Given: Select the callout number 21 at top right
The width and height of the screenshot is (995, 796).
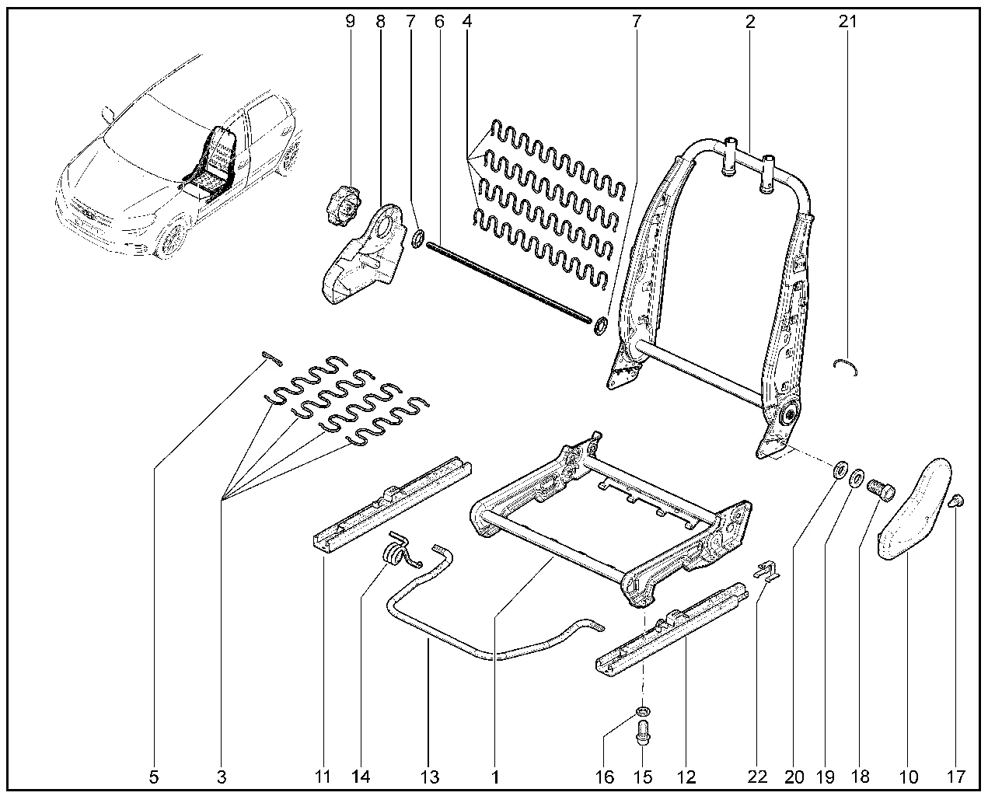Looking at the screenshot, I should pyautogui.click(x=847, y=22).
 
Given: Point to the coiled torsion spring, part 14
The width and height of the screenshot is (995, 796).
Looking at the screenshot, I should pyautogui.click(x=400, y=553).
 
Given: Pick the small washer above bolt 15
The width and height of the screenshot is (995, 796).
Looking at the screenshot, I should pyautogui.click(x=642, y=711).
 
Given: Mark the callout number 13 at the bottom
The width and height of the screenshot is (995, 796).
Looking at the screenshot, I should pyautogui.click(x=429, y=776).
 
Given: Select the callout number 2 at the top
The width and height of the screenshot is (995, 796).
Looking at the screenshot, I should pyautogui.click(x=749, y=22).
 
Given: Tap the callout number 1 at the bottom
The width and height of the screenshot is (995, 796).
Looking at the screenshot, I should pyautogui.click(x=494, y=776).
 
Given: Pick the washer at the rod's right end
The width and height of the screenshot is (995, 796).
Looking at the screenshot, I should pyautogui.click(x=601, y=326).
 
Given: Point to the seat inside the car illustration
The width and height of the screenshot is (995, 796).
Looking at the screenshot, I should pyautogui.click(x=213, y=159).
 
